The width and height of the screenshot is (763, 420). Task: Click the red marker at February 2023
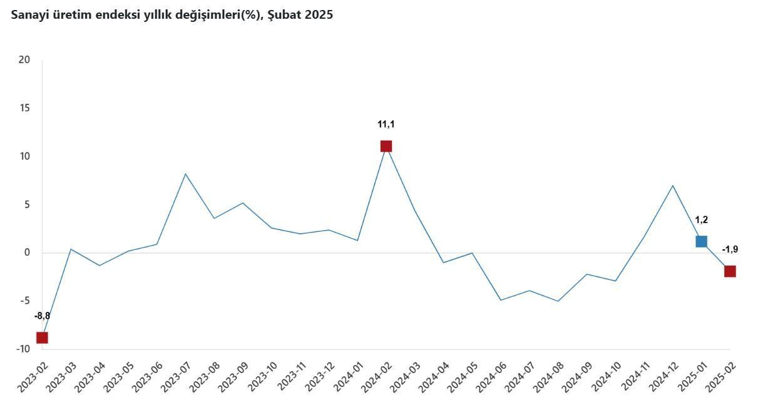coord(42,337)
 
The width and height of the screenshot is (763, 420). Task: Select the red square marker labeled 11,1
coord(386,146)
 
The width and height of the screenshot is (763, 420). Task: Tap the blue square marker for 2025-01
coord(701,241)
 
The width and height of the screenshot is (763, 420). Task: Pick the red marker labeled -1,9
coord(730,271)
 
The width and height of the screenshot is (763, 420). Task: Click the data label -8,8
coord(42,316)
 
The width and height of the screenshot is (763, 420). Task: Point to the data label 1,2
coord(701,219)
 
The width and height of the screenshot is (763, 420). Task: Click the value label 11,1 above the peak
coord(386,124)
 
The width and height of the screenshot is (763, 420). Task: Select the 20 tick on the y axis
coord(24,60)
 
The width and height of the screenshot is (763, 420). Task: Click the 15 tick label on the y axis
coord(24,108)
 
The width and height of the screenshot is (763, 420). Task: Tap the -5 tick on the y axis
coord(24,301)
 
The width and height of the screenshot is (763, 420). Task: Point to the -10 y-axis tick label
coord(23,349)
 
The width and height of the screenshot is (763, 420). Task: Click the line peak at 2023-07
coord(185,174)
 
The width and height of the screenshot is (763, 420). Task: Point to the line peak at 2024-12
coord(672,186)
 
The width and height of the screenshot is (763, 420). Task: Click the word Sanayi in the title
coord(29,15)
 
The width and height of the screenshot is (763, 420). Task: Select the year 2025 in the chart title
coord(319,15)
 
